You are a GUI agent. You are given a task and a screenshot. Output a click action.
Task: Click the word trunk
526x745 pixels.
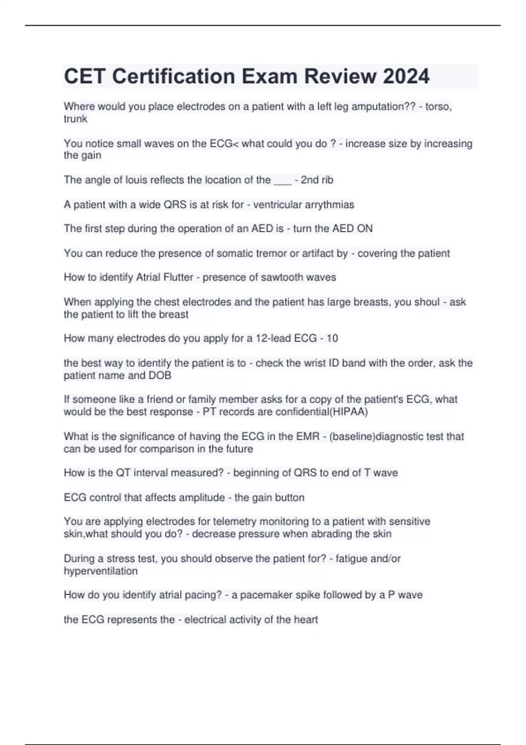(x=75, y=119)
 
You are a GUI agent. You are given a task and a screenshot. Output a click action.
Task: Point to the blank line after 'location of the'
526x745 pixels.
(x=282, y=180)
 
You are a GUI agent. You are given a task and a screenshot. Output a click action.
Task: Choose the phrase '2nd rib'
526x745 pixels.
(x=316, y=180)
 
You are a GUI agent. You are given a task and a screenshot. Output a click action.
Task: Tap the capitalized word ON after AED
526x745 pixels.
(x=365, y=229)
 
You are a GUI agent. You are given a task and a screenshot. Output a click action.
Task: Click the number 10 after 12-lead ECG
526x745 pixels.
(x=332, y=338)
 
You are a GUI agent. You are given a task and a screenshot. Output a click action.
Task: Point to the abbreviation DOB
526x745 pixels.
(x=160, y=376)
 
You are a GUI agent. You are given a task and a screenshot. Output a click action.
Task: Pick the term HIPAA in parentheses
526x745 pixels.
(x=351, y=412)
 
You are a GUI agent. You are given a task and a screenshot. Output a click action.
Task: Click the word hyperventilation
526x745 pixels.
(x=100, y=571)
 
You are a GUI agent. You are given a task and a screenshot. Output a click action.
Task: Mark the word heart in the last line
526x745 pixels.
(x=306, y=620)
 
